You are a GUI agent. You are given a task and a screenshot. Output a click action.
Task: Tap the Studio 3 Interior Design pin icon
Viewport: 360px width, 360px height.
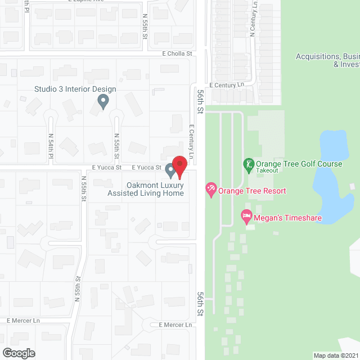103,101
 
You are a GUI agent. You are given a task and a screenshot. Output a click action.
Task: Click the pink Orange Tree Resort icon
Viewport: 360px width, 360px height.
211,190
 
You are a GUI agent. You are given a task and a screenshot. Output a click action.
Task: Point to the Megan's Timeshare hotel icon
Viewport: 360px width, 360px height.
246,216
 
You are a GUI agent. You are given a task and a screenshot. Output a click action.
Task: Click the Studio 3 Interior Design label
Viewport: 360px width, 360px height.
75,89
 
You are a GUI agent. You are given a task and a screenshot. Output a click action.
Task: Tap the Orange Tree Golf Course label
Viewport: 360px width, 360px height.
299,164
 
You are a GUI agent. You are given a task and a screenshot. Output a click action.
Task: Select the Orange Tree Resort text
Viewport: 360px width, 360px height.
252,191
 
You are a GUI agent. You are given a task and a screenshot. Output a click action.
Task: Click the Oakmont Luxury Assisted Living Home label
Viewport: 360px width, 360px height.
146,189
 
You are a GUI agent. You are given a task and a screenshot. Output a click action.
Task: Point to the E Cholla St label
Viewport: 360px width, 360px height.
177,54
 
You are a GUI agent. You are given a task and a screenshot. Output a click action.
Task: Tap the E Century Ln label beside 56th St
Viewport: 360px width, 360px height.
191,141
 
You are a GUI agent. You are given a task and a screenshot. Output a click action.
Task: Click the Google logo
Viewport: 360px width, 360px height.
18,353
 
